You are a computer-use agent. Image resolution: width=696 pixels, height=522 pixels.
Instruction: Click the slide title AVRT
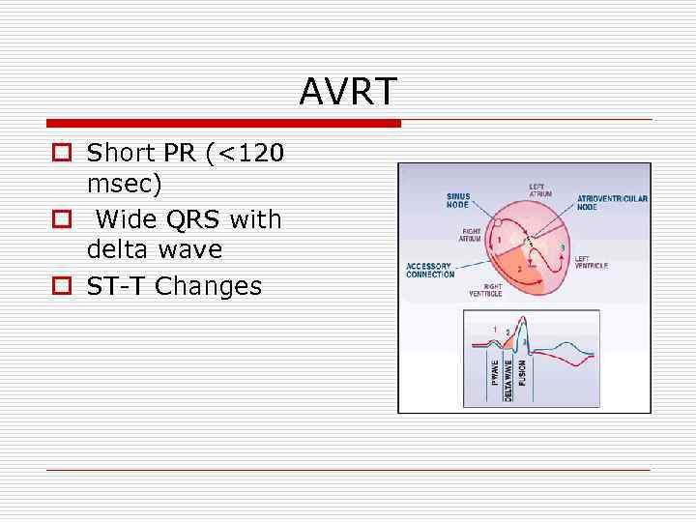(348, 92)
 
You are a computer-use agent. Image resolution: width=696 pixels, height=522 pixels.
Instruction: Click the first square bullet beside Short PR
(61, 153)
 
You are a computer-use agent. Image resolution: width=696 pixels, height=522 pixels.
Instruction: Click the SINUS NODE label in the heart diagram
(457, 200)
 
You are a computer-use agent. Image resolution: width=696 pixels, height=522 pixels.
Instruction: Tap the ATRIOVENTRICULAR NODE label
(612, 203)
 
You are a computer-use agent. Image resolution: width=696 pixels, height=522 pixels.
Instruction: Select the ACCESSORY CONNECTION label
(429, 270)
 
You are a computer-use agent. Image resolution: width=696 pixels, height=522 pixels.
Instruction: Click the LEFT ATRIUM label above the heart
(541, 189)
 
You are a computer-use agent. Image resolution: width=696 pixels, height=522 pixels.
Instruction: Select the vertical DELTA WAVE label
(509, 380)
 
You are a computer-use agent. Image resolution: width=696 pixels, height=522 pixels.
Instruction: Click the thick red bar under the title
(223, 124)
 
